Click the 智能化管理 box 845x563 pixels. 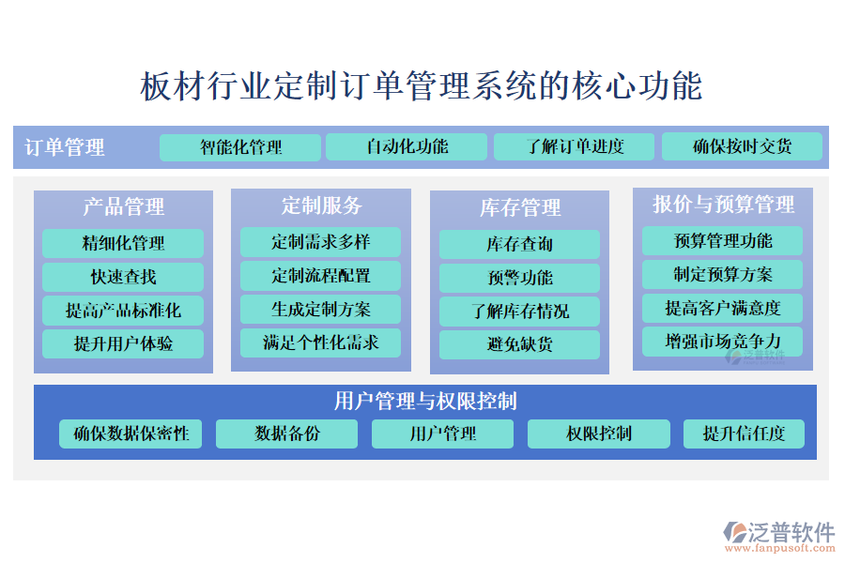240,147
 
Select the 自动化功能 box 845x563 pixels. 407,146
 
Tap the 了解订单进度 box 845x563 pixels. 574,146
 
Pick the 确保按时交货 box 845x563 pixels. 742,146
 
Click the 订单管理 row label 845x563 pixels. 65,147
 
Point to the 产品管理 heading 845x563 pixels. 123,206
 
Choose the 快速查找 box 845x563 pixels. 123,277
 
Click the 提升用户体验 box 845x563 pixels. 123,343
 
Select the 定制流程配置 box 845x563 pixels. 321,276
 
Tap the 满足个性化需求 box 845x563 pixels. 321,342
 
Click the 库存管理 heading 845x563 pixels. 520,207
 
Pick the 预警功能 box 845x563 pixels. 519,278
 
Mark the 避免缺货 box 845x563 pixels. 519,344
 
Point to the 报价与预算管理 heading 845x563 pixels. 723,205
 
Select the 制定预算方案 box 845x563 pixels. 722,275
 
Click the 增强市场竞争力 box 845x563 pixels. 722,342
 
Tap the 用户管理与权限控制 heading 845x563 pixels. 425,401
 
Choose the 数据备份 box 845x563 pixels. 286,434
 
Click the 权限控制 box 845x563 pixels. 599,434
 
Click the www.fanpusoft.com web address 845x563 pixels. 780,548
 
